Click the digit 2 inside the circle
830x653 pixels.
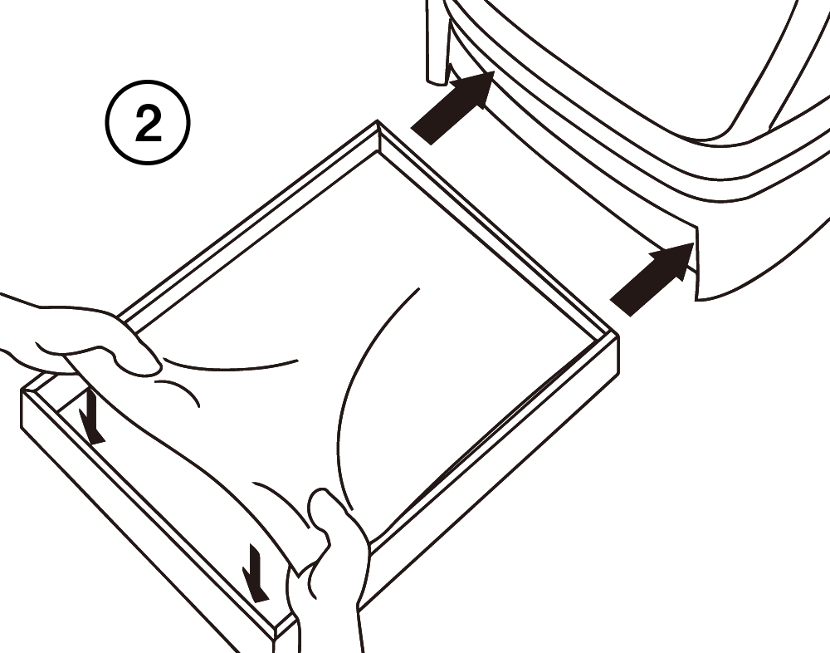coord(149,122)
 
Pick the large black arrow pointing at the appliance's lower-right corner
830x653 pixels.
coord(652,279)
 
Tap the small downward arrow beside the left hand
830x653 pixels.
coord(92,416)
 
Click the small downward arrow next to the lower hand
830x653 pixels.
coord(255,573)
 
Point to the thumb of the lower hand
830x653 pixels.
coord(320,508)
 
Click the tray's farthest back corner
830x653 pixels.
coord(378,121)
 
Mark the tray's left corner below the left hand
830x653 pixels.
coord(22,391)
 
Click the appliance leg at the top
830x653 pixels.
coord(437,42)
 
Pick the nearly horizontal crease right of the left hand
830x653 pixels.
coord(231,366)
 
